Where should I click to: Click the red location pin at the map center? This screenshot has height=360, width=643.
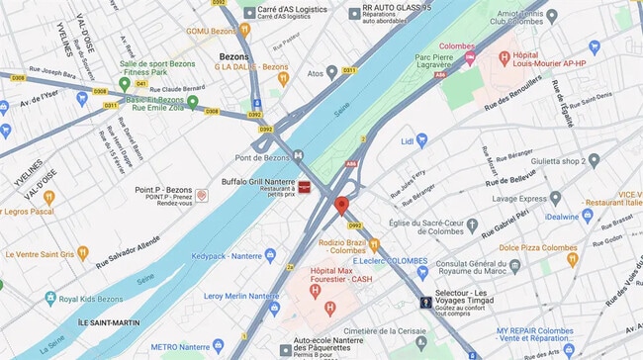[x=341, y=206]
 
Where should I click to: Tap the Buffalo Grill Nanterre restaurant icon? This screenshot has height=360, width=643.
[x=306, y=186]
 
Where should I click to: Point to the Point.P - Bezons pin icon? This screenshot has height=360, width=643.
[x=202, y=196]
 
